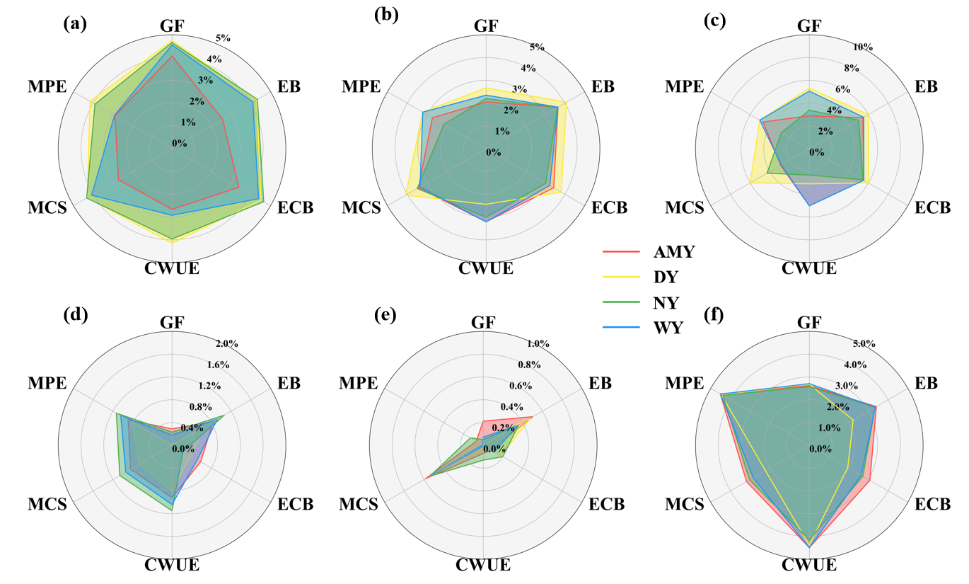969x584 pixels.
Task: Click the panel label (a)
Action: (x=75, y=23)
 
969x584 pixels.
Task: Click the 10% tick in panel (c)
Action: (x=862, y=47)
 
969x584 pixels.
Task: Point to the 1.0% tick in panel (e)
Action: (x=538, y=344)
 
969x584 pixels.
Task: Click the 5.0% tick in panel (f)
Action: (x=863, y=344)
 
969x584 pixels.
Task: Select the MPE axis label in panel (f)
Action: (x=684, y=383)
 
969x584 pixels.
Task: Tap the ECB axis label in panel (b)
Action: (x=609, y=208)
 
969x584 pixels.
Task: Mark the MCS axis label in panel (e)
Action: (x=361, y=505)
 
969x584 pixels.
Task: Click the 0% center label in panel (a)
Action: (x=179, y=143)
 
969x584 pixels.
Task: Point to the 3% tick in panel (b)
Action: (x=520, y=89)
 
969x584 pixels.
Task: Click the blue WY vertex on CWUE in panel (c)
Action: (x=810, y=205)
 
